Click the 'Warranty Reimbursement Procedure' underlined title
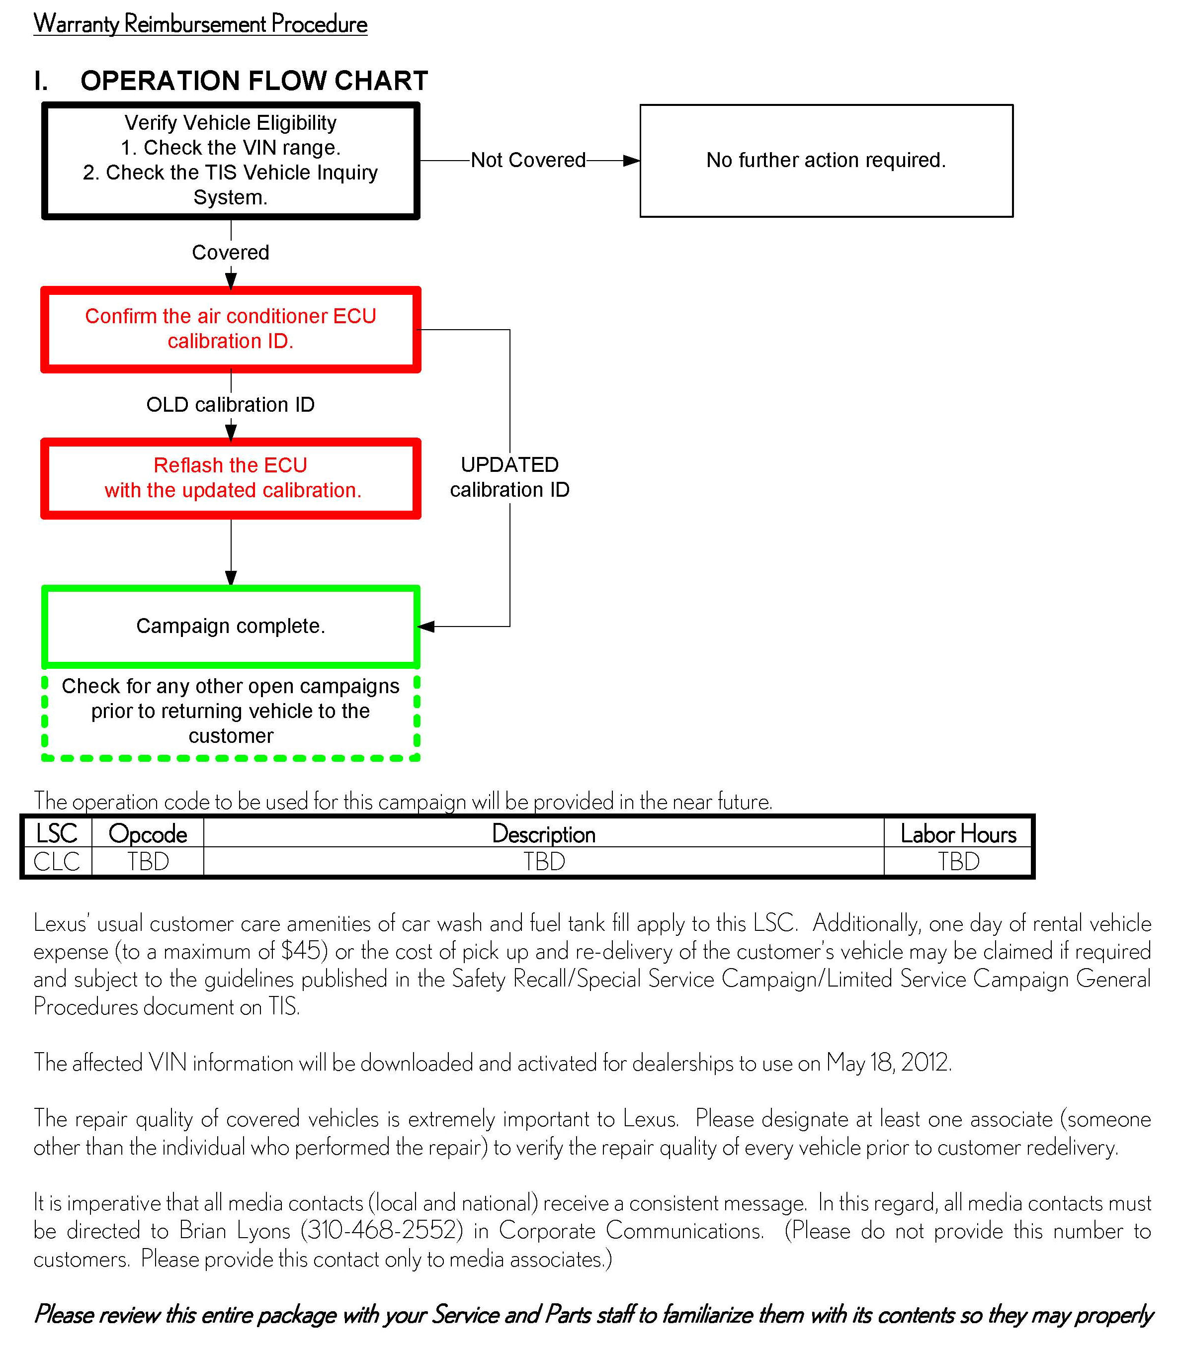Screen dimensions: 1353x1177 point(200,24)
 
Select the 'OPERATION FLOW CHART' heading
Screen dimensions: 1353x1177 point(253,81)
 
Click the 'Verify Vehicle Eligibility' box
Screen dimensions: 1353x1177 point(231,160)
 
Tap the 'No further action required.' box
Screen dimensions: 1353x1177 point(826,160)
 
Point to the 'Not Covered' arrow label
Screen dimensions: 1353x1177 point(528,160)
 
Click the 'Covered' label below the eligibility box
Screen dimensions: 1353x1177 point(231,252)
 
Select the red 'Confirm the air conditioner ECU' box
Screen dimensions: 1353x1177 point(231,329)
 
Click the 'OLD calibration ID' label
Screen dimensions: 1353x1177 point(231,405)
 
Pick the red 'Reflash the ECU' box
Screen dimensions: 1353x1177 point(231,478)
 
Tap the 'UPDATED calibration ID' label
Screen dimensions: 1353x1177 point(509,477)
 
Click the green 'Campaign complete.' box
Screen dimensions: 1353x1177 point(231,626)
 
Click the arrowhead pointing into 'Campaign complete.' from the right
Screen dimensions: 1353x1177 point(425,626)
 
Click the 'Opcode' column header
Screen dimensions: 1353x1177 point(148,834)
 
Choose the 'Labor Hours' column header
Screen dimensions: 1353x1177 point(958,834)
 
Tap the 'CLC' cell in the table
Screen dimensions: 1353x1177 point(57,862)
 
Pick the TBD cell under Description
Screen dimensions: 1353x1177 point(544,862)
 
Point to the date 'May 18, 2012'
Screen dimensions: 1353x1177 point(888,1063)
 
